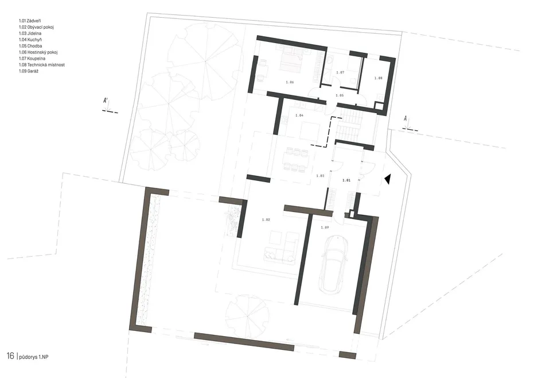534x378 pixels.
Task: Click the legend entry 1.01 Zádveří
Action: click(30, 21)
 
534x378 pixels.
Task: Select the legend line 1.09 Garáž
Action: click(29, 71)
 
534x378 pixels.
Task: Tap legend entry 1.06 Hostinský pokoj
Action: click(38, 52)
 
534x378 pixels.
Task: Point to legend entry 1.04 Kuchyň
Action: click(30, 40)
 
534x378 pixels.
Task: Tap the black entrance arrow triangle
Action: click(387, 179)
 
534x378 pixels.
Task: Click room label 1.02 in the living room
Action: click(266, 219)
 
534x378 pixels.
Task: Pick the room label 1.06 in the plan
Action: click(290, 82)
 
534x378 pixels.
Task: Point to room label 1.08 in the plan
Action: click(379, 78)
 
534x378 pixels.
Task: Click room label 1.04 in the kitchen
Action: click(299, 115)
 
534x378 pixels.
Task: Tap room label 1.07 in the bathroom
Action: click(340, 72)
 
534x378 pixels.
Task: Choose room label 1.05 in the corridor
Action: click(340, 95)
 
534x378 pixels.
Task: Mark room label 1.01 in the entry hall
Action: click(346, 180)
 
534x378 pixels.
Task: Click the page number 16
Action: click(10, 356)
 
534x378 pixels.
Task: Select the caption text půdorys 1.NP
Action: click(32, 357)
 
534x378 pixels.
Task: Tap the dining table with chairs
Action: click(295, 159)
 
